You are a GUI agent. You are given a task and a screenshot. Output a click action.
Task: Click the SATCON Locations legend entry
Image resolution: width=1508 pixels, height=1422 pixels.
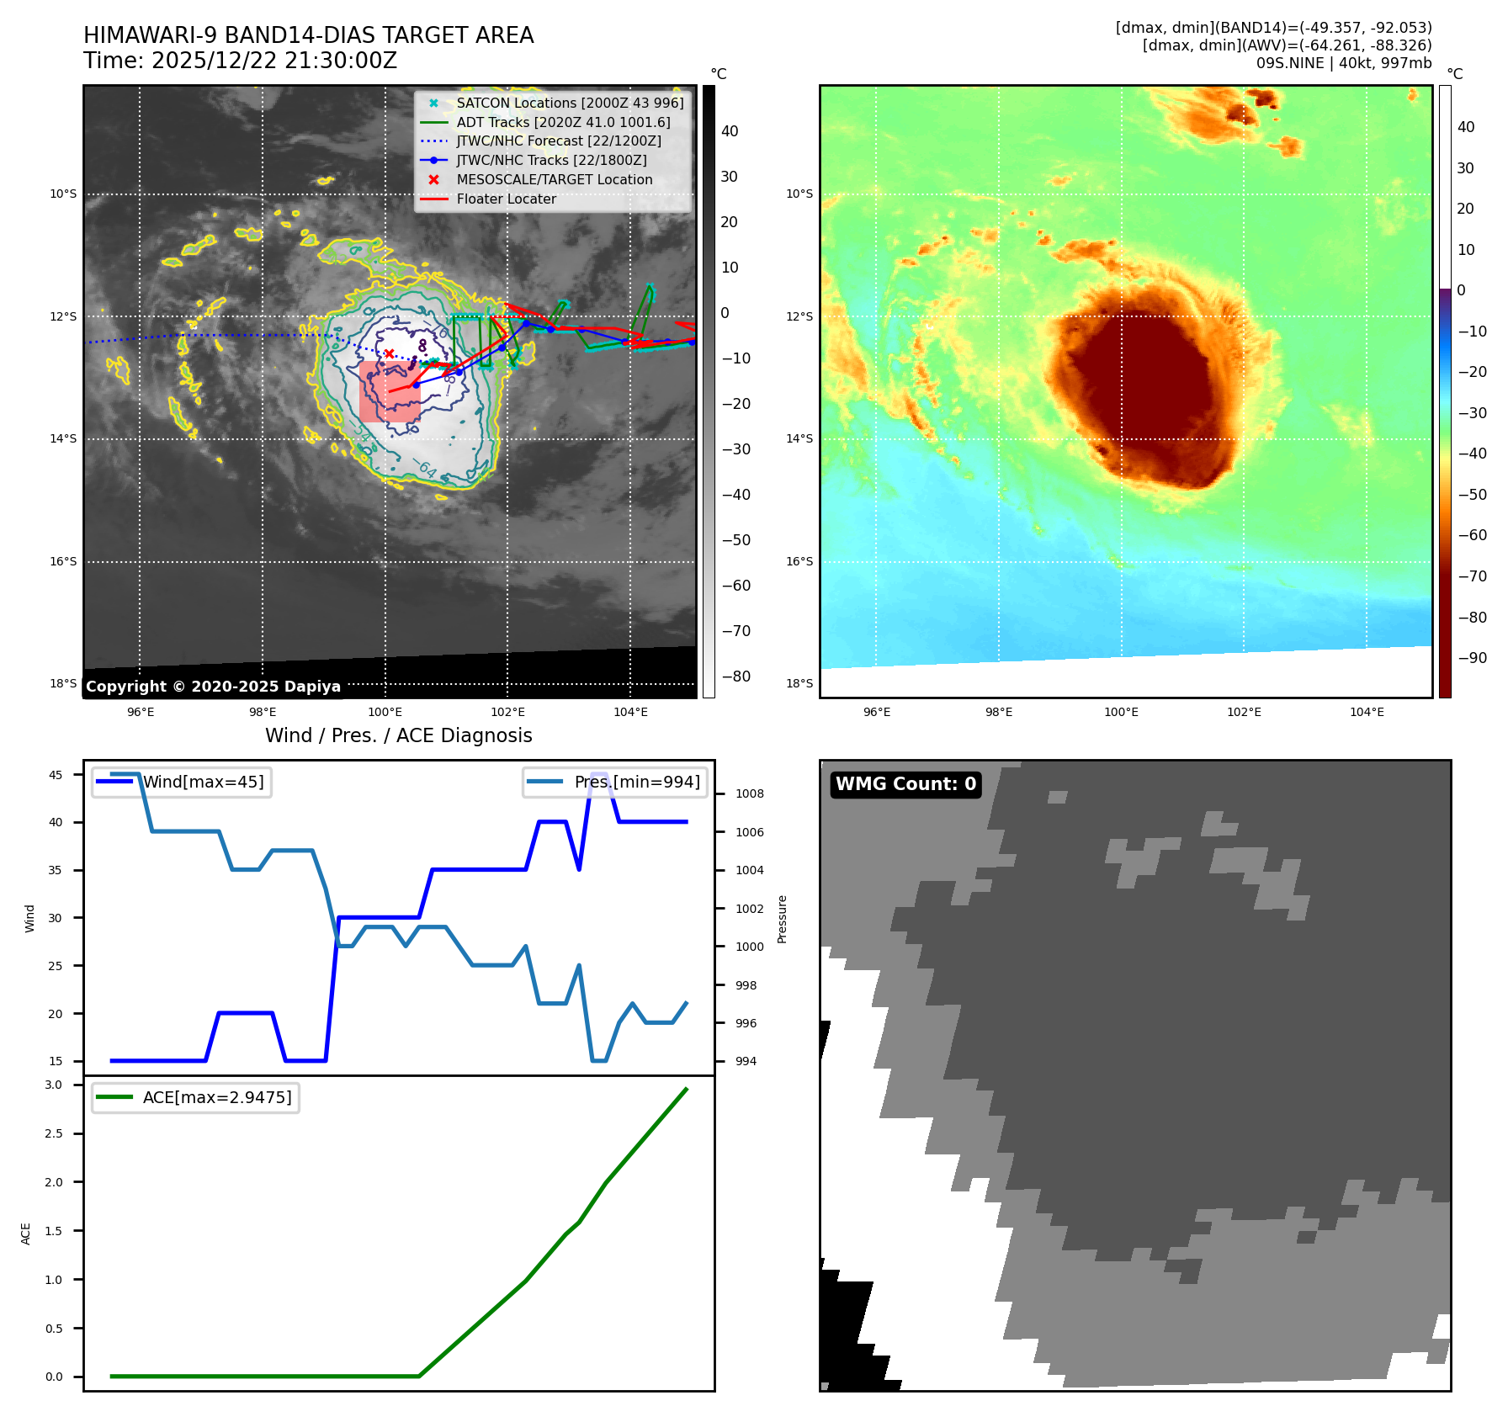click(570, 103)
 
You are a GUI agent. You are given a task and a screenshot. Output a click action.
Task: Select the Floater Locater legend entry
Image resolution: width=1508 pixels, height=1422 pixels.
click(506, 199)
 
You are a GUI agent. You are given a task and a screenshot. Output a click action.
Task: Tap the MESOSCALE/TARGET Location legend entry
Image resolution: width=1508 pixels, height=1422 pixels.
click(554, 180)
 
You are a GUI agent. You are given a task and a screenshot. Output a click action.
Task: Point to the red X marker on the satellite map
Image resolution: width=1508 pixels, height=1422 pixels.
click(390, 353)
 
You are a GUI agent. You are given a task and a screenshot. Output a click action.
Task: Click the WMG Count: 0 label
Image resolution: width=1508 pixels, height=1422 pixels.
click(905, 784)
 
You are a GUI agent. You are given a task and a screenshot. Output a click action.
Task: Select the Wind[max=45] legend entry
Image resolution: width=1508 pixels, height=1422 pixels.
click(203, 782)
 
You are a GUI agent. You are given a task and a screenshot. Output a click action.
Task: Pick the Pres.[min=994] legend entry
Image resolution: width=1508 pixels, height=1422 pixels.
click(636, 782)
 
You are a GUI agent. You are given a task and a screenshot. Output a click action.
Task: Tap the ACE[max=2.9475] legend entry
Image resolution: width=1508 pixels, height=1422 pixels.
click(217, 1097)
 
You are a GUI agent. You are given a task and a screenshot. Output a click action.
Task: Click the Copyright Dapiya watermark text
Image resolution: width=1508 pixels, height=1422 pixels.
click(213, 687)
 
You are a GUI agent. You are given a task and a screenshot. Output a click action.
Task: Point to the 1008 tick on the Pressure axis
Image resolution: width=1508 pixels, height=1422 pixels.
click(749, 793)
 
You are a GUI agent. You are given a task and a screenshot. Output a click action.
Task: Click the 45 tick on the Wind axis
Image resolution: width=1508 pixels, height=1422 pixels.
click(56, 775)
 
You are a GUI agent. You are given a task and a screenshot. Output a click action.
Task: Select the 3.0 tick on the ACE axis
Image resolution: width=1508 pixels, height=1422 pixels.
click(54, 1085)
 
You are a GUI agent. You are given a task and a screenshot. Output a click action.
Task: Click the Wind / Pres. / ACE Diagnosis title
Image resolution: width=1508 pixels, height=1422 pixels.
click(398, 735)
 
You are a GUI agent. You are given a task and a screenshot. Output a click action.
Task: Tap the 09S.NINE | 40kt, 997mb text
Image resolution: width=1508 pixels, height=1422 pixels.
click(1343, 63)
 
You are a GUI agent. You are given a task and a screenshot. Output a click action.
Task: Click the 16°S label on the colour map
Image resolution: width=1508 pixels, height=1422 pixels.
click(799, 561)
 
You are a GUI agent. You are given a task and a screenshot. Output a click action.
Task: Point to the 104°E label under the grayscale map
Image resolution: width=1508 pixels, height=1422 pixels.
click(630, 712)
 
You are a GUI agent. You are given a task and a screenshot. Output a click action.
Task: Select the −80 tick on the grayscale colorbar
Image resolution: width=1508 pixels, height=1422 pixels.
click(735, 677)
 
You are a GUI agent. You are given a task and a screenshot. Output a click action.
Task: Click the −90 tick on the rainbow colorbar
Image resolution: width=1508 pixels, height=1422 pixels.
click(1472, 658)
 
